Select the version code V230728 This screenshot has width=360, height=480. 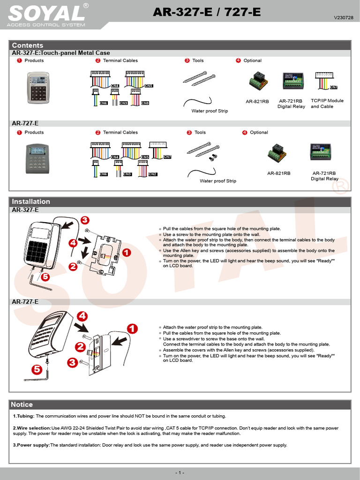pyautogui.click(x=343, y=17)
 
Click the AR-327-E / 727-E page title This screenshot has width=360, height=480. pyautogui.click(x=207, y=13)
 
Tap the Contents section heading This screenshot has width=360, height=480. pyautogui.click(x=27, y=45)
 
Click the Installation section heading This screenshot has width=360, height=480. pyautogui.click(x=30, y=202)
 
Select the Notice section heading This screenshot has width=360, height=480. pyautogui.click(x=22, y=405)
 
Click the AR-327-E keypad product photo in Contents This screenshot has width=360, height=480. pyautogui.click(x=38, y=88)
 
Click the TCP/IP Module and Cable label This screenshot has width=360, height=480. pyautogui.click(x=327, y=104)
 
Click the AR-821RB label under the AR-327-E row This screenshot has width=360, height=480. pyautogui.click(x=257, y=101)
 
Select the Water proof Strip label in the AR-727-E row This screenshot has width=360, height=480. pyautogui.click(x=218, y=181)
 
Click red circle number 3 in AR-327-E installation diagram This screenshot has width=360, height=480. pyautogui.click(x=84, y=220)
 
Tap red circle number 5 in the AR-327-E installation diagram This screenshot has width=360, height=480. pyautogui.click(x=45, y=277)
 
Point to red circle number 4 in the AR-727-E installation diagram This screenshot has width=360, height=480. pyautogui.click(x=82, y=316)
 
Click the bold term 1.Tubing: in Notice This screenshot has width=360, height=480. pyautogui.click(x=23, y=416)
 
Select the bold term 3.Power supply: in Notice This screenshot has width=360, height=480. pyautogui.click(x=31, y=445)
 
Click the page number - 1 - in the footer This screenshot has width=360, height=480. pyautogui.click(x=180, y=472)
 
